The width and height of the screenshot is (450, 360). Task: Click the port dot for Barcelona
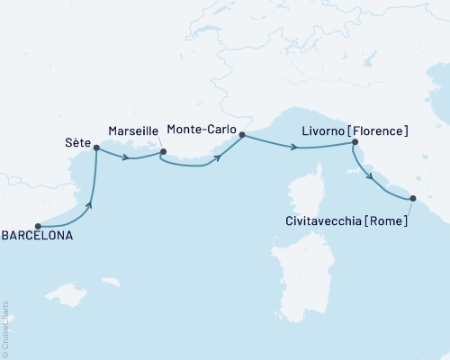tap(38, 227)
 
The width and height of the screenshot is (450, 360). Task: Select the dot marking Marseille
tap(163, 151)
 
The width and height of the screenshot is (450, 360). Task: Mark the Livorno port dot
tap(355, 142)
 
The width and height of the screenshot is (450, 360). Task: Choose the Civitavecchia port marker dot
tap(413, 198)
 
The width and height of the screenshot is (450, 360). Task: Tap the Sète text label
tap(78, 142)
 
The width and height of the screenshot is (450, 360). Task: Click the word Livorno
tap(316, 131)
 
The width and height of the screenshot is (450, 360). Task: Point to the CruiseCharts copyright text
tap(5, 325)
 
